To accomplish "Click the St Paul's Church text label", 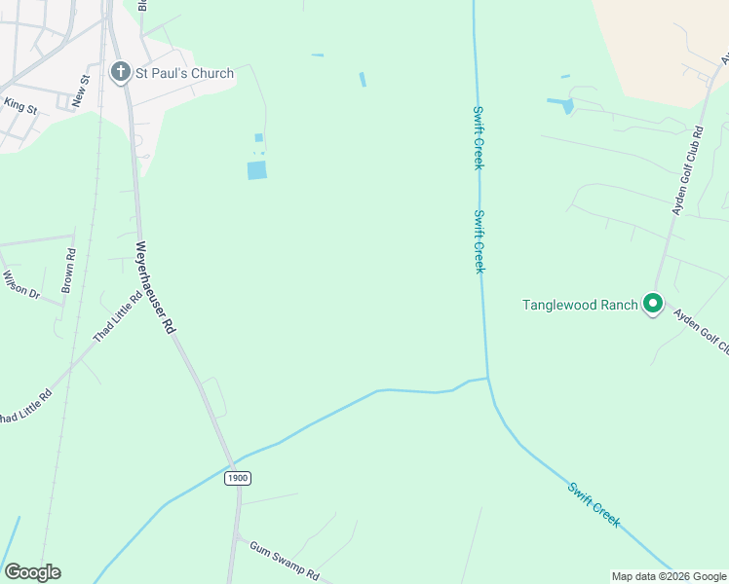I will pyautogui.click(x=184, y=73).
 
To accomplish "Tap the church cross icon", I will pyautogui.click(x=121, y=72).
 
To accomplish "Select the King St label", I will pyautogui.click(x=19, y=105).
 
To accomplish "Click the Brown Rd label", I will pyautogui.click(x=69, y=271).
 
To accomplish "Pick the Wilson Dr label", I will pyautogui.click(x=19, y=285).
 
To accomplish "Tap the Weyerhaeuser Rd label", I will pyautogui.click(x=155, y=288).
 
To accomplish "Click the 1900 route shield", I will pyautogui.click(x=237, y=478).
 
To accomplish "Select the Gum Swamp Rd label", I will pyautogui.click(x=284, y=561).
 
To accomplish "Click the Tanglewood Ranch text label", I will pyautogui.click(x=580, y=305).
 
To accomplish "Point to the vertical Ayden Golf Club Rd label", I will pyautogui.click(x=685, y=169).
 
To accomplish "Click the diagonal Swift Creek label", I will pyautogui.click(x=594, y=503).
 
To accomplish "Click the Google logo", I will pyautogui.click(x=32, y=572).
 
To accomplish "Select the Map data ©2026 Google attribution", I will pyautogui.click(x=669, y=576).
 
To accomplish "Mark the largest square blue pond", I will pyautogui.click(x=256, y=170).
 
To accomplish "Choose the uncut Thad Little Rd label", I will pyautogui.click(x=118, y=316).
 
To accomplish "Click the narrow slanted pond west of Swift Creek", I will pyautogui.click(x=363, y=79).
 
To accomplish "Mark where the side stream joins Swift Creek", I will pyautogui.click(x=487, y=378).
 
